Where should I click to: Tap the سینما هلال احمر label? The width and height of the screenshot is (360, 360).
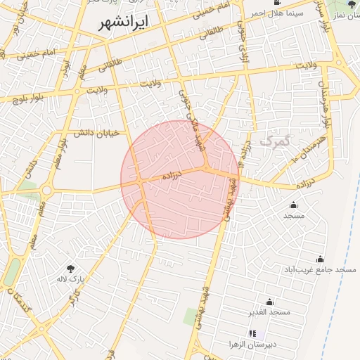pos(280,13)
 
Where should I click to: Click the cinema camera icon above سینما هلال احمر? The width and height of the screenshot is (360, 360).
pos(278,3)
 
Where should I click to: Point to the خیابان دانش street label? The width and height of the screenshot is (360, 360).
pos(90,132)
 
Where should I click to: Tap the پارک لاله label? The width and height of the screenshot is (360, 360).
pos(70,279)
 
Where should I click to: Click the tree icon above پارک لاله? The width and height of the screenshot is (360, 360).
pos(70,268)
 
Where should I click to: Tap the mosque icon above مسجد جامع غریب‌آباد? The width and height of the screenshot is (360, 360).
pos(320,259)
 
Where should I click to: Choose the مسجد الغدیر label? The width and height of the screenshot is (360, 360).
pos(269,311)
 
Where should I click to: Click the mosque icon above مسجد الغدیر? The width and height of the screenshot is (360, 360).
pos(269,300)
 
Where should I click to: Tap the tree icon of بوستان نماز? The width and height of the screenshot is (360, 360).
pos(352,4)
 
